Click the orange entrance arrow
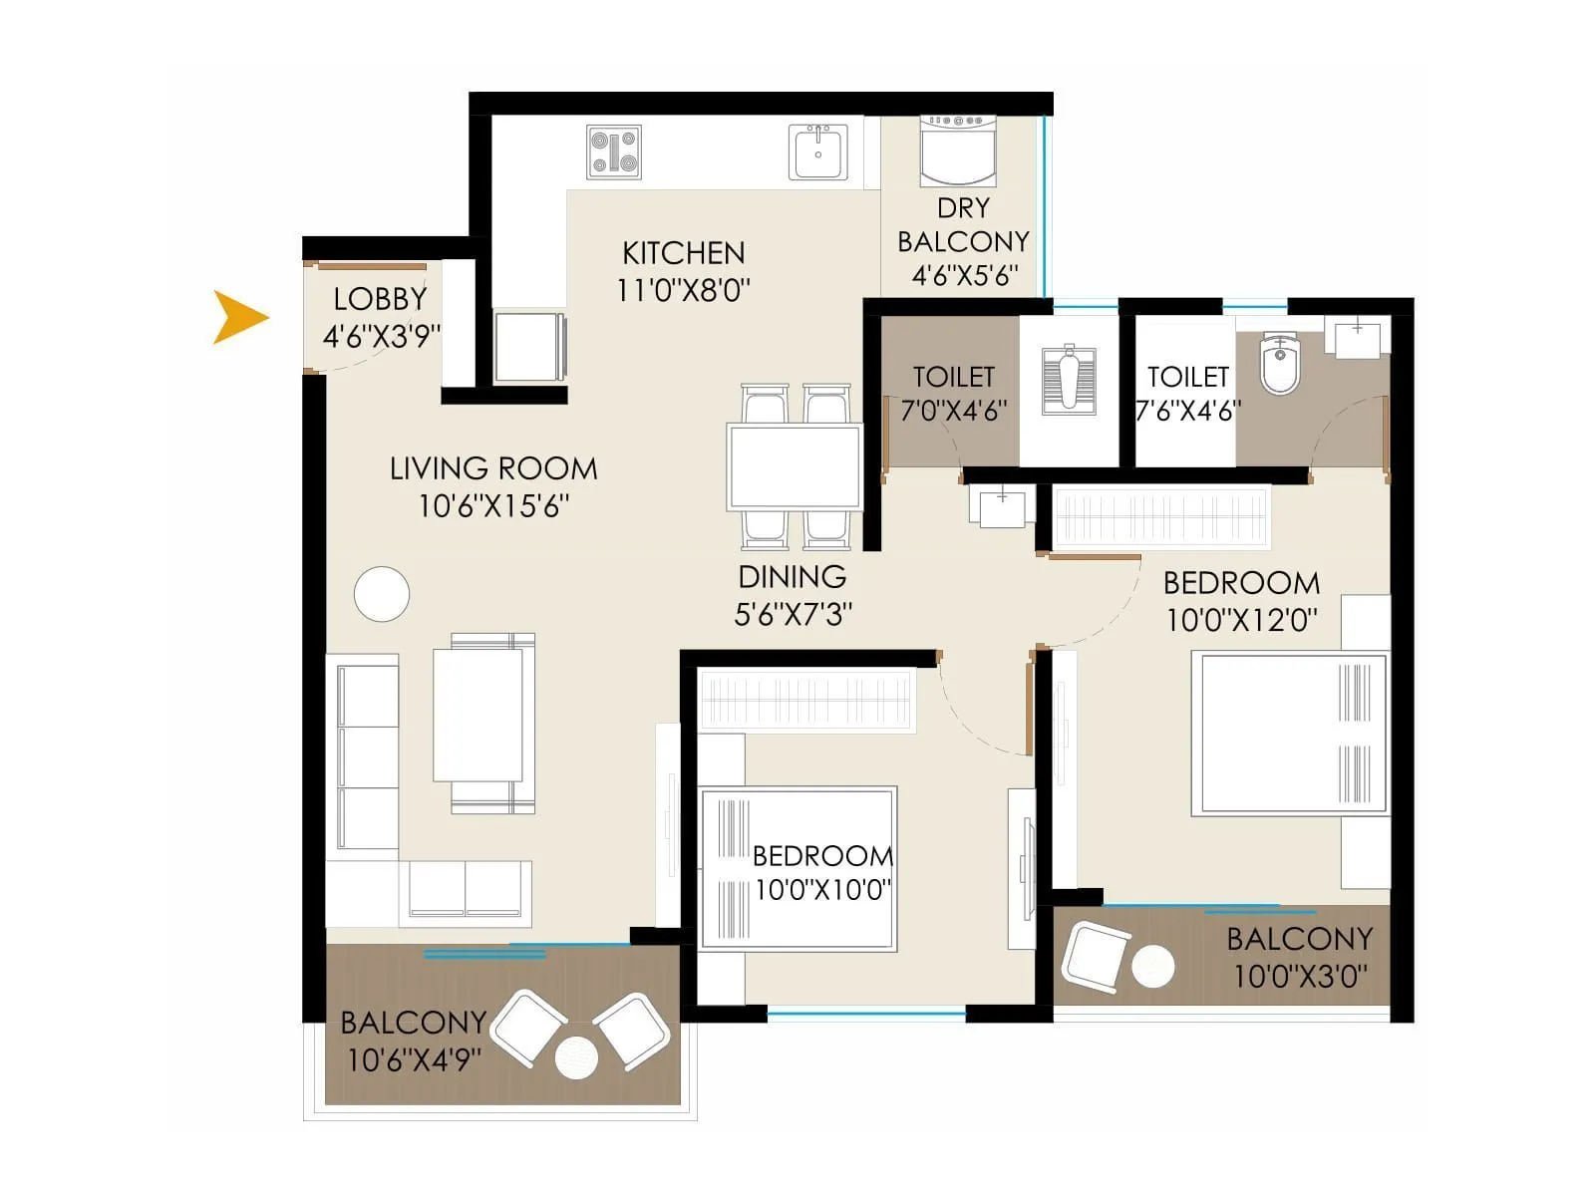[x=239, y=318]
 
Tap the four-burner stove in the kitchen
[x=613, y=152]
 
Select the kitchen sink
[x=818, y=152]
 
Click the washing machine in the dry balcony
[x=957, y=150]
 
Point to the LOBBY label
[x=380, y=299]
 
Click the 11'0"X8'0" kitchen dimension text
[x=683, y=290]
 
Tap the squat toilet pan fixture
[x=1069, y=379]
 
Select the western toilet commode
[x=1279, y=366]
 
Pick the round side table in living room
[x=382, y=594]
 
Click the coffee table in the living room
[x=478, y=715]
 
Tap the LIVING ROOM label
[x=493, y=468]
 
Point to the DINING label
[x=793, y=577]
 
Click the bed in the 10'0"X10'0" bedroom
[x=797, y=868]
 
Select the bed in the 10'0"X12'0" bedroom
[x=1291, y=735]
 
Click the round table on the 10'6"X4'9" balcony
[x=576, y=1057]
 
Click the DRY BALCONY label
[x=963, y=225]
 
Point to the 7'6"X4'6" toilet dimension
[x=1187, y=411]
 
